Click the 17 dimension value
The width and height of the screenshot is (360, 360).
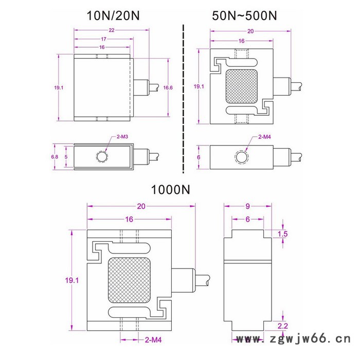click(103, 40)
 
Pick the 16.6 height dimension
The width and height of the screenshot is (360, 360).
click(168, 88)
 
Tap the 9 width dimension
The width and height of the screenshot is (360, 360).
click(247, 207)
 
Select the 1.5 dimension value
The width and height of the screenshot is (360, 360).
click(282, 234)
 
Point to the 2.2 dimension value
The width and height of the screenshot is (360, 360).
click(282, 326)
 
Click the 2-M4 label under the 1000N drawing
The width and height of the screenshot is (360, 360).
click(153, 340)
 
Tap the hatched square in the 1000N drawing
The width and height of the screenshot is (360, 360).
click(129, 281)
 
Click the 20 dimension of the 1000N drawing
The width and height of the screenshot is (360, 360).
click(141, 206)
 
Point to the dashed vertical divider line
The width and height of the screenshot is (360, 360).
click(183, 98)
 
